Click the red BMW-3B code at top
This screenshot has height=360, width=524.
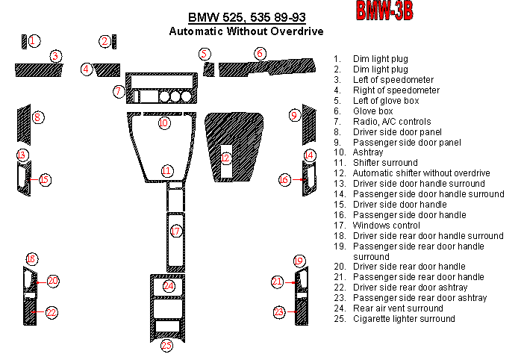pos(384,10)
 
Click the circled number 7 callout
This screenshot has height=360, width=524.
pos(118,91)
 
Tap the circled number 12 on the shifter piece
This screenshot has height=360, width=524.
pos(225,158)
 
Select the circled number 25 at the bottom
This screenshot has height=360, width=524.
pos(166,345)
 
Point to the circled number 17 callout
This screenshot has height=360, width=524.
pos(175,231)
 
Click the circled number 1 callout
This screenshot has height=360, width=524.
pos(33,41)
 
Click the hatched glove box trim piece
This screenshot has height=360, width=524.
pos(267,67)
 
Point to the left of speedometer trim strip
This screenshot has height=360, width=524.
pos(39,70)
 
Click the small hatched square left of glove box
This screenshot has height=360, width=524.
pos(209,69)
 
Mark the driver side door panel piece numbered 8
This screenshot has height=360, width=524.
pos(24,125)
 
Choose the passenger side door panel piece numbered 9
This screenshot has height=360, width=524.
pos(309,125)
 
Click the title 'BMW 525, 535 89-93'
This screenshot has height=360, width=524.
pos(247,17)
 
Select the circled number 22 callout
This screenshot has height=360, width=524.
pos(52,312)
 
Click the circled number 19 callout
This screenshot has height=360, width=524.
pos(299,261)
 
